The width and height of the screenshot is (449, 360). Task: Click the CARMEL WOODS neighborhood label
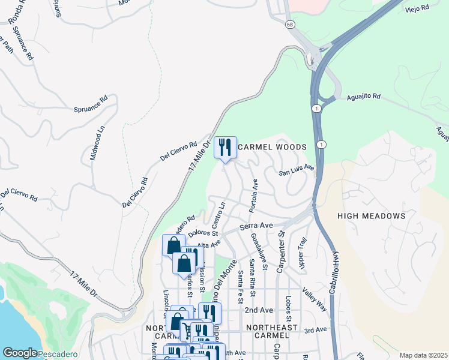tap(272, 147)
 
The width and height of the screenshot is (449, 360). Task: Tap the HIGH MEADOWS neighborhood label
tap(371, 216)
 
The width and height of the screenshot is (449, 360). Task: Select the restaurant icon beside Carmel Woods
tap(225, 147)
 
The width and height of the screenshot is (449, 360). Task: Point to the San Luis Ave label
tap(297, 170)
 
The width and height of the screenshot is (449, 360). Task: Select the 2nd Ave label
tap(259, 310)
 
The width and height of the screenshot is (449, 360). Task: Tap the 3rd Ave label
tap(315, 330)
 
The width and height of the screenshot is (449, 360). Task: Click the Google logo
tap(20, 353)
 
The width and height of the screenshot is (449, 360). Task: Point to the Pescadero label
tap(58, 355)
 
